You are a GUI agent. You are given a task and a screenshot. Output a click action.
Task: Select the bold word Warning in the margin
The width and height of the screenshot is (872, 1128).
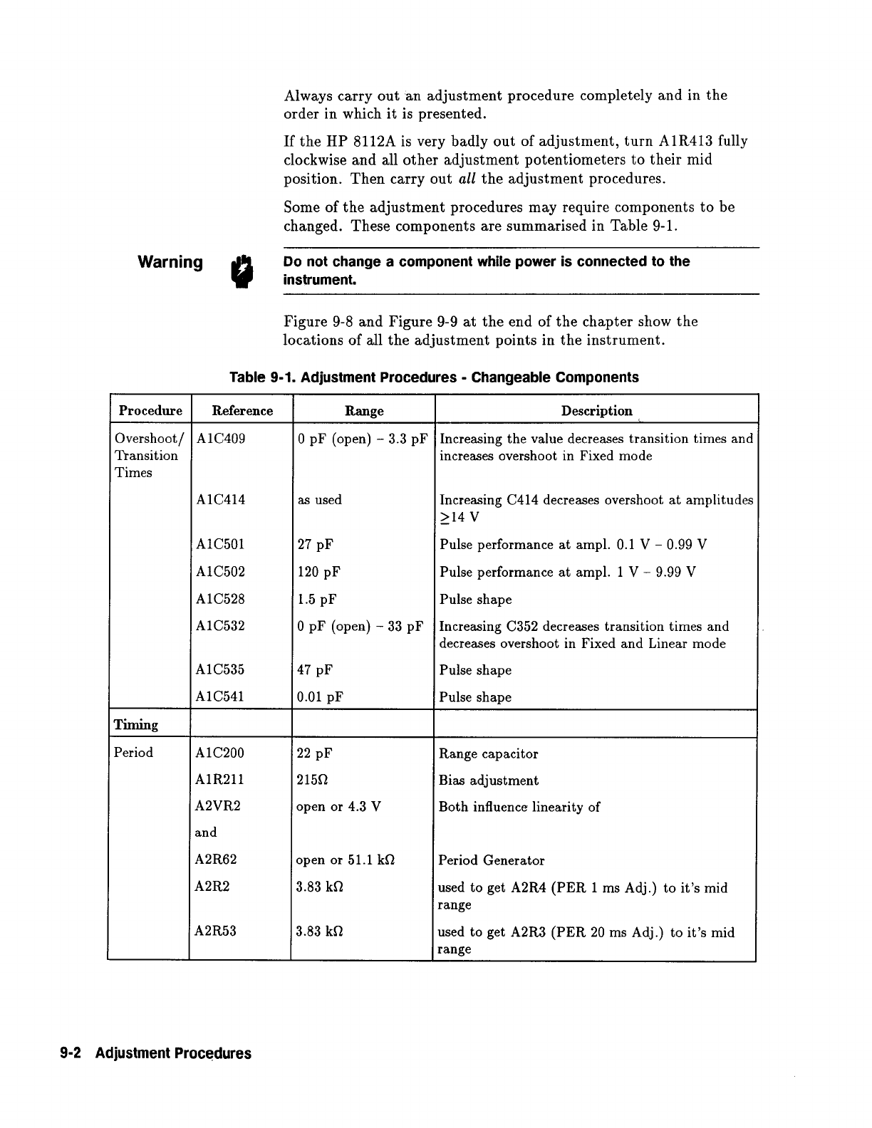pos(170,262)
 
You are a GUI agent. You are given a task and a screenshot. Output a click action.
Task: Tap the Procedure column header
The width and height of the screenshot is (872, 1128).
pos(150,411)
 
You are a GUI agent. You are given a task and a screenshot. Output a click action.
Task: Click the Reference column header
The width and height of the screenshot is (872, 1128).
pos(242,411)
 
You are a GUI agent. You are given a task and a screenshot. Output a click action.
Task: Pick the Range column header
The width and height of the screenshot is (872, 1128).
pos(364,411)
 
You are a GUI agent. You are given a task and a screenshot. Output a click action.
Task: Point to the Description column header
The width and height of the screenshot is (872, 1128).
pos(596,411)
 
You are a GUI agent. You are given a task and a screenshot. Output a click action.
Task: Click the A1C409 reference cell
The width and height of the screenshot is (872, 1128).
pos(220,439)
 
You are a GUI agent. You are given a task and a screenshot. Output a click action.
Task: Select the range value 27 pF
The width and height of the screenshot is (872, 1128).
pos(315,545)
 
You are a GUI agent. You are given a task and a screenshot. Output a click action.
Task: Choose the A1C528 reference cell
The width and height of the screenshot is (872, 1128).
pos(220,599)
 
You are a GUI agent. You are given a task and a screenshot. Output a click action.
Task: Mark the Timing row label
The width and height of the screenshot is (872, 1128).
pos(136,725)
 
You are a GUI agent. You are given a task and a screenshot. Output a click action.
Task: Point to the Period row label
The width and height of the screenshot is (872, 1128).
pos(133,753)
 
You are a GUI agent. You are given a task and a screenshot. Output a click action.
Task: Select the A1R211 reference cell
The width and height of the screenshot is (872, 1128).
pos(219,780)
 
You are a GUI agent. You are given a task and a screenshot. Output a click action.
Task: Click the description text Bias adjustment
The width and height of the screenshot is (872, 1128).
pos(489,780)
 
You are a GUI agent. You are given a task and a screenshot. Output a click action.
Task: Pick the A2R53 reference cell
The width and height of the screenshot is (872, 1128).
pos(216,931)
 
